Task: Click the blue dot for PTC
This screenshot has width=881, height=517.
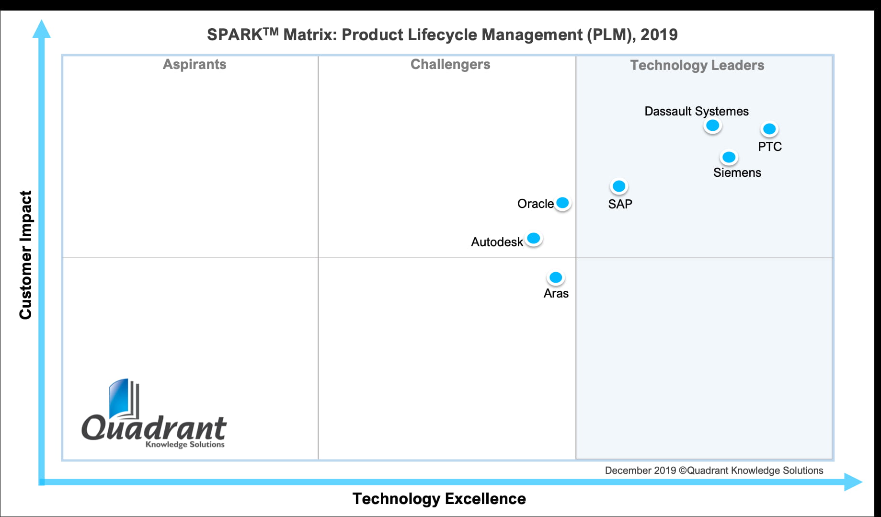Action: tap(769, 129)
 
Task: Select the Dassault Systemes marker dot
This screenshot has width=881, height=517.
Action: tap(712, 126)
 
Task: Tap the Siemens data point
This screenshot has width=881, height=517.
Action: tap(729, 157)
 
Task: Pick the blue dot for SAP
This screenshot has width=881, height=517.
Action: tap(619, 186)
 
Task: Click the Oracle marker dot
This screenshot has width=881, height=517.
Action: tap(562, 203)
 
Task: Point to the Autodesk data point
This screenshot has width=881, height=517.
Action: tap(533, 238)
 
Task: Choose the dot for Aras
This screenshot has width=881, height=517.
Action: tap(556, 277)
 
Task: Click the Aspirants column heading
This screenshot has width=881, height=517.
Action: tap(195, 64)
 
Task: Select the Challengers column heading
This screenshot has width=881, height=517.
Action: tap(450, 64)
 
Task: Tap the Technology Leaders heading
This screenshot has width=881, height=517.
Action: tap(697, 65)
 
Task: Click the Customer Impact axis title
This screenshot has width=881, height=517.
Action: tap(25, 255)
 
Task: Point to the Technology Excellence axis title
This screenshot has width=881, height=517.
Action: tap(439, 499)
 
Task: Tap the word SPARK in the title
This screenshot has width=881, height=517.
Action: tap(234, 35)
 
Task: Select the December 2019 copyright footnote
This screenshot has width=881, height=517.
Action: tap(714, 471)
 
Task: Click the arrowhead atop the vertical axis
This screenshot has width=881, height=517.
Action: tap(41, 29)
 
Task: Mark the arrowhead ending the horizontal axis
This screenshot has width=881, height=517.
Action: tap(852, 482)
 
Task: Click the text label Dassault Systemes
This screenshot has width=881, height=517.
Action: tap(696, 111)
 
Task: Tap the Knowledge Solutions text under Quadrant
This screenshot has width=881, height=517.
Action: tap(185, 444)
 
